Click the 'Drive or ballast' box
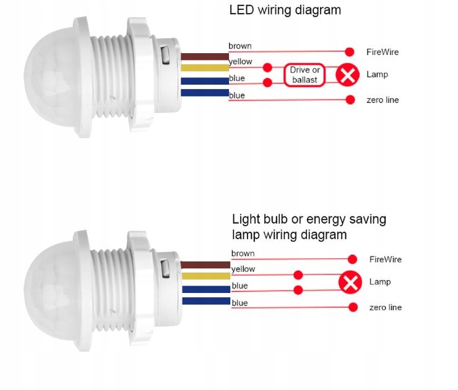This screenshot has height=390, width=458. pos(304,75)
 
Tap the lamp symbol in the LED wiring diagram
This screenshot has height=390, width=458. pos(348,75)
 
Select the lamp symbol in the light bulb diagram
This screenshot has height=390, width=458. pos(351,282)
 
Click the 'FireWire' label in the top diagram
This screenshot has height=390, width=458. pos(382,52)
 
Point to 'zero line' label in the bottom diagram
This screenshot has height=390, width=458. pos(385,307)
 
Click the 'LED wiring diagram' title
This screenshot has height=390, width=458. pos(285,10)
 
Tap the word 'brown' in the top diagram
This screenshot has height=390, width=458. pos(240,46)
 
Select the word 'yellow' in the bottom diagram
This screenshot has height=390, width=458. pos(243,269)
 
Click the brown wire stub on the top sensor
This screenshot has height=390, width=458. pos(204,56)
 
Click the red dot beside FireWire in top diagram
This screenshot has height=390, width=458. pos(350,52)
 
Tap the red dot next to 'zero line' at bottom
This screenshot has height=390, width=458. pos(353,307)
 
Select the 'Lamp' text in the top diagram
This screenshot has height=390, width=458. pos(377,74)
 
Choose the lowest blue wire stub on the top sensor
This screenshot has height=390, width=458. pos(204,93)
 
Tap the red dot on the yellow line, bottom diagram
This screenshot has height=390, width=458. pos(298,274)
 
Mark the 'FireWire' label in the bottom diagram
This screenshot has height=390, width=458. pos(385,259)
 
